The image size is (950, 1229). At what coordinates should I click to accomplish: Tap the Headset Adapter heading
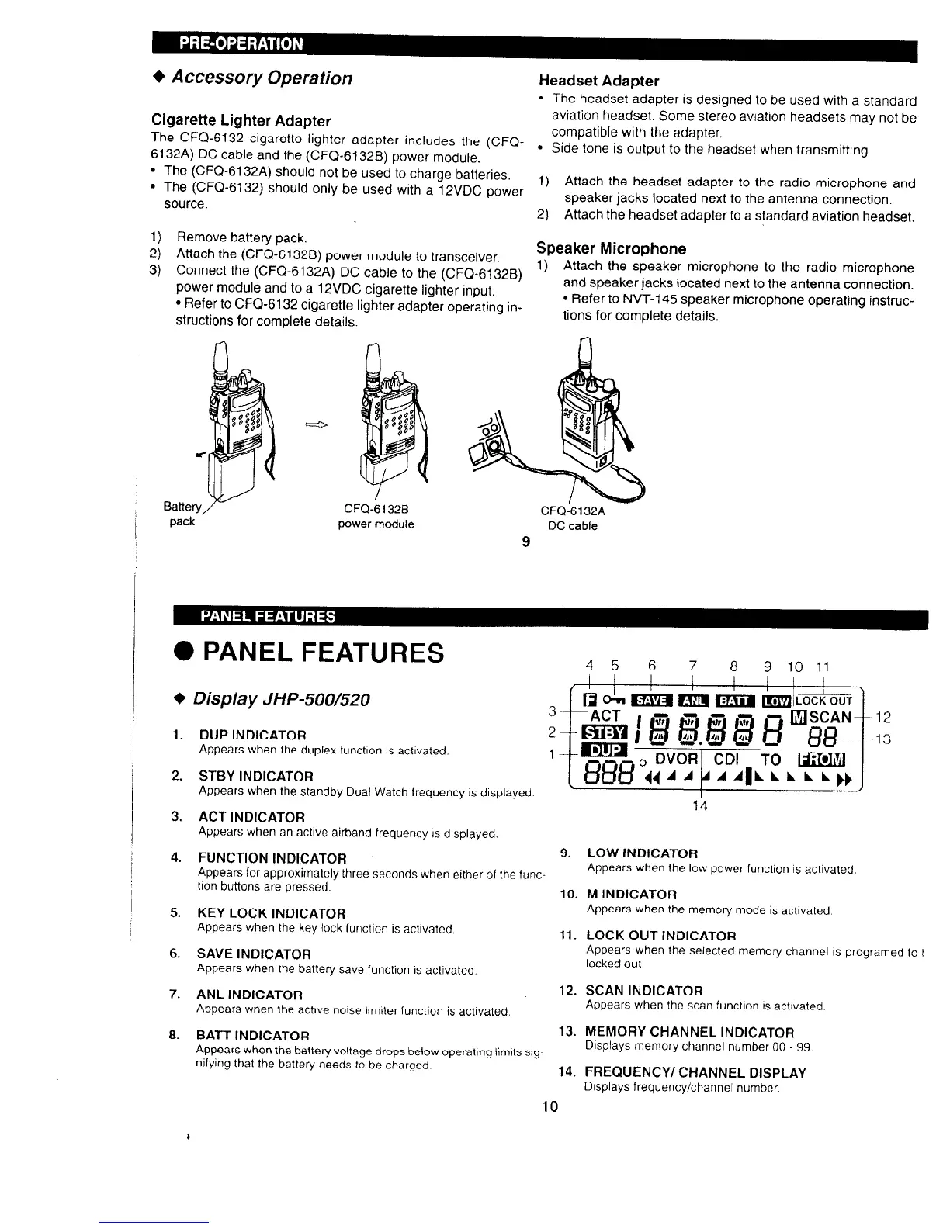tap(598, 81)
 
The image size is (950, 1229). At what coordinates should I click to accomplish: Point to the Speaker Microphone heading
tap(612, 248)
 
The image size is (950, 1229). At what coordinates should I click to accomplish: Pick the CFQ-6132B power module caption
tap(376, 517)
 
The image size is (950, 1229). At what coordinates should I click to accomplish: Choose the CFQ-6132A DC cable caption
tap(572, 518)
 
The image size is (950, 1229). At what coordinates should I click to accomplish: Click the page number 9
tap(526, 542)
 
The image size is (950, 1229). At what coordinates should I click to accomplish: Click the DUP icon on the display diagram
tap(603, 752)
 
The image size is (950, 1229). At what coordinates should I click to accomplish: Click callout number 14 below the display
tap(700, 806)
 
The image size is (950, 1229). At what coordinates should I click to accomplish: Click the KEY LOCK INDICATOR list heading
tap(271, 913)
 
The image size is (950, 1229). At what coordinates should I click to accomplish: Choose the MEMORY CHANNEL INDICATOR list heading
tap(689, 1032)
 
